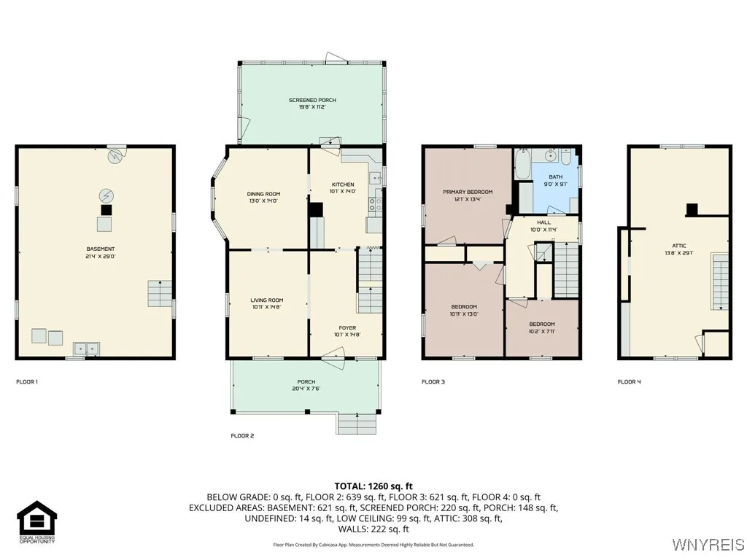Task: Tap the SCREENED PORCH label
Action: click(x=312, y=100)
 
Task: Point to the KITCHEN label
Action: click(x=343, y=184)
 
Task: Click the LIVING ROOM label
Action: click(x=267, y=300)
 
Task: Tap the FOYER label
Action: click(x=347, y=328)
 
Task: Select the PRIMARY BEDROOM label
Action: click(x=468, y=192)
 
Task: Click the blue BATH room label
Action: click(x=556, y=176)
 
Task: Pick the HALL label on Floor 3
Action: click(x=544, y=223)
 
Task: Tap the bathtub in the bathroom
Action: click(x=523, y=164)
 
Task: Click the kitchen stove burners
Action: click(x=375, y=204)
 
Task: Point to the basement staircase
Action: click(x=160, y=293)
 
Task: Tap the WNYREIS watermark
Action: click(x=707, y=545)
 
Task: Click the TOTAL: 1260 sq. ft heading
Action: click(x=373, y=486)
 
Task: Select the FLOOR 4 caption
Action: click(x=629, y=381)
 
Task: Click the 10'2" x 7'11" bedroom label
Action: click(x=541, y=324)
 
